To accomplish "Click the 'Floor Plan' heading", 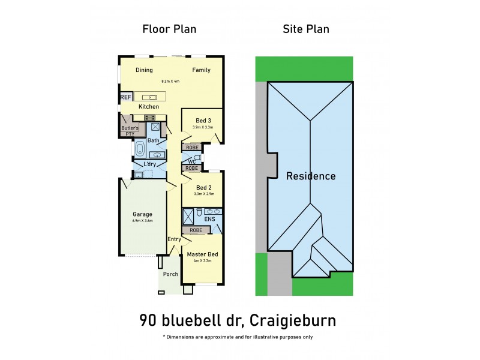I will (x=169, y=29).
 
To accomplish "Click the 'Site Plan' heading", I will (x=306, y=29).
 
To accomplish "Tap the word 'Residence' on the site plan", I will (x=310, y=176).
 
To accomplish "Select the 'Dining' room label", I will (x=144, y=70).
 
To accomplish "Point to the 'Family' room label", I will (x=201, y=70).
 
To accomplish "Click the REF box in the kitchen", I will (x=126, y=97).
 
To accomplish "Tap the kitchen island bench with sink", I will (x=149, y=97).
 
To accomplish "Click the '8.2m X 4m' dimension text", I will (x=170, y=81).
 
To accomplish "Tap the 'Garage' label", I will (x=142, y=214).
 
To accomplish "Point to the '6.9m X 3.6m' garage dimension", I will (x=142, y=221).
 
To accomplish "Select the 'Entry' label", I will (x=174, y=239).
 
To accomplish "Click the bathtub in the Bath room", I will (x=140, y=148).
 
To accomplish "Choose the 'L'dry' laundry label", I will (x=149, y=164).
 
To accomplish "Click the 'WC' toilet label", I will (x=192, y=162).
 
